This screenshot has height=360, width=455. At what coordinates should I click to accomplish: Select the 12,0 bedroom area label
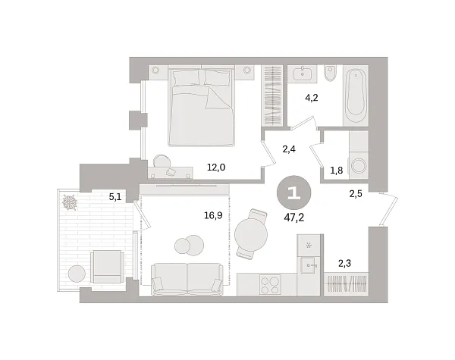point(217,167)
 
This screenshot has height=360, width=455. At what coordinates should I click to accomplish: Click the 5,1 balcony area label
point(115,197)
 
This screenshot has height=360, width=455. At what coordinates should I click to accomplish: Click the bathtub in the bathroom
point(355,95)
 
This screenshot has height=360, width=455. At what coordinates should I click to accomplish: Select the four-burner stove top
point(269,284)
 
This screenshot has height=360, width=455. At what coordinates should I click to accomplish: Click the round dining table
point(251,230)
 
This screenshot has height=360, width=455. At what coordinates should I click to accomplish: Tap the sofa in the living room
point(187,279)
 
